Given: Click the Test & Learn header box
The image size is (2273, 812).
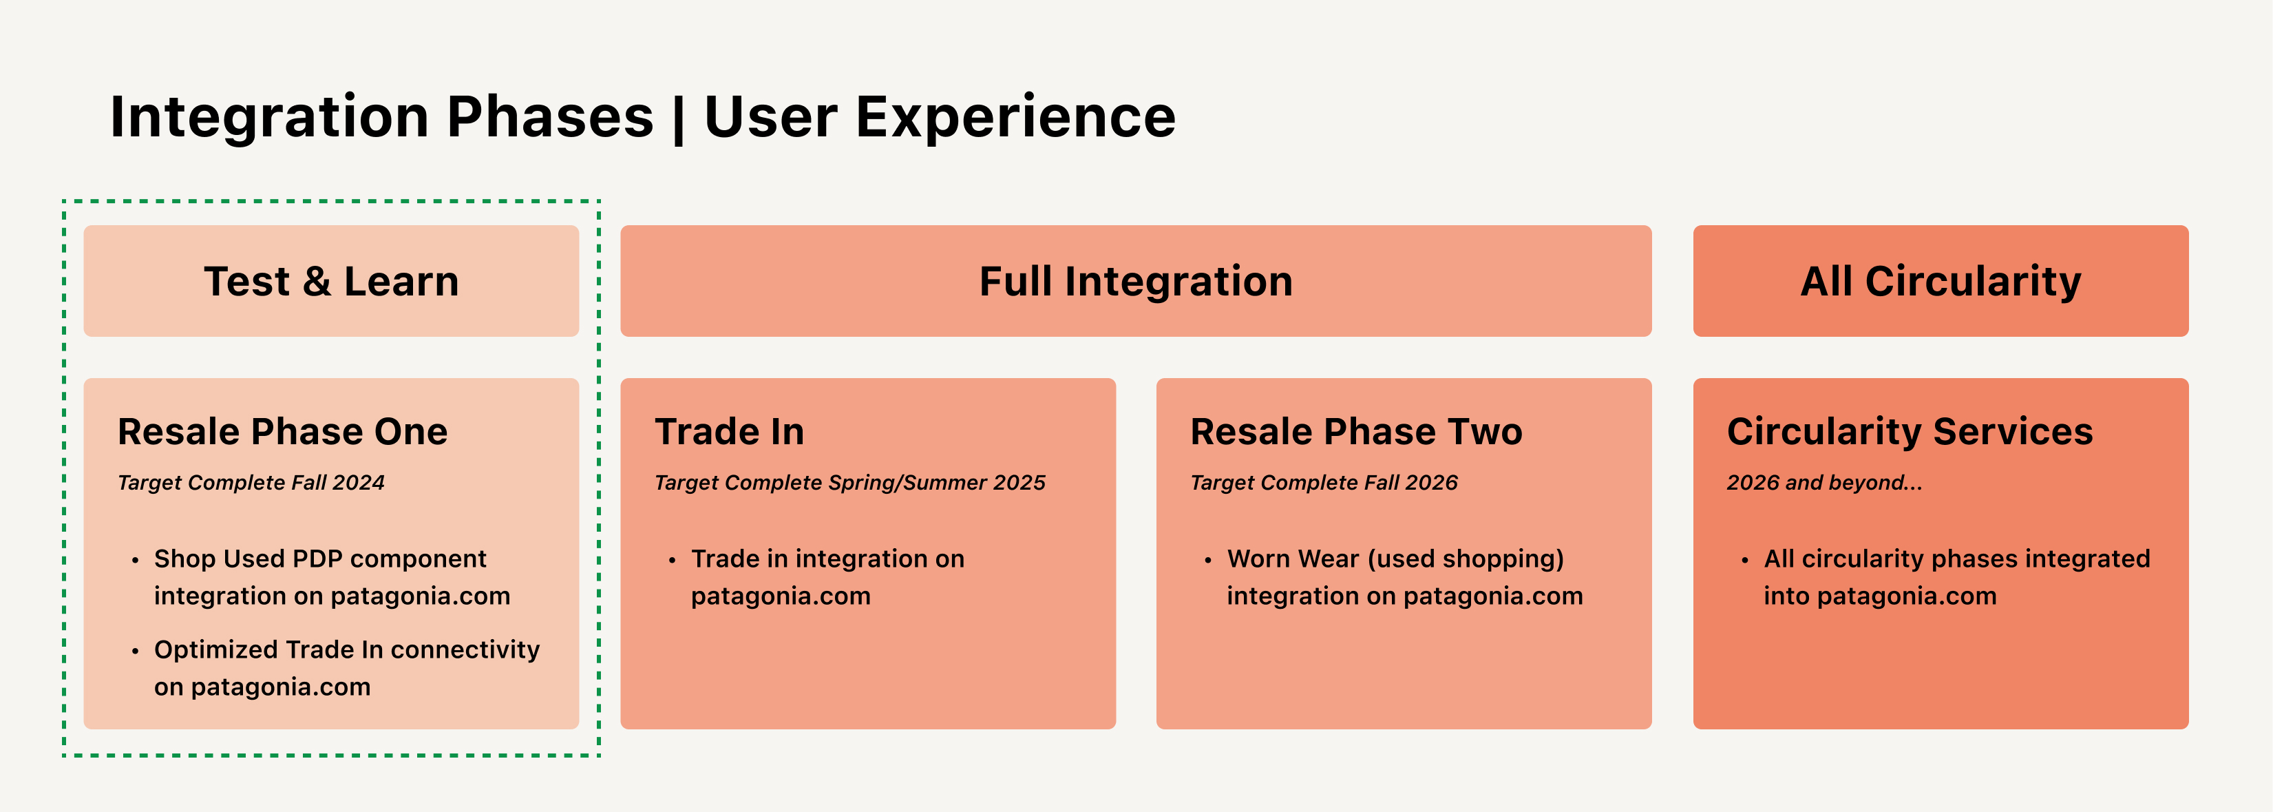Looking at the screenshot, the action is [331, 281].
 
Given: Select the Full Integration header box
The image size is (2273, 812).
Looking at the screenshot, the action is [1136, 281].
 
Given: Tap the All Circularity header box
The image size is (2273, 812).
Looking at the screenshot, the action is [1941, 281].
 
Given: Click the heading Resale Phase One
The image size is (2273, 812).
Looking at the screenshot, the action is [282, 432].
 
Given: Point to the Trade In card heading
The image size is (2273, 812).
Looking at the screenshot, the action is [730, 432].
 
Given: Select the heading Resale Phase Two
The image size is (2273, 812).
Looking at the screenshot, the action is [1356, 432].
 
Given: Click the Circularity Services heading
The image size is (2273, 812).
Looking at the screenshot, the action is [1910, 433].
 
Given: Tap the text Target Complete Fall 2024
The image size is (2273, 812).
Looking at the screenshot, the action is [251, 483].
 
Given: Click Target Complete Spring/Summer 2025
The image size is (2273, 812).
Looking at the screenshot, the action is [849, 483].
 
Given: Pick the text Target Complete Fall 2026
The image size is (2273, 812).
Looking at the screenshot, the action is [1324, 483].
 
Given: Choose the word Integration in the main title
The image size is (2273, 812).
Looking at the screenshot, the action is [270, 117].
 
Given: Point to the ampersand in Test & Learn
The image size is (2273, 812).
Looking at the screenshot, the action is [317, 282].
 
